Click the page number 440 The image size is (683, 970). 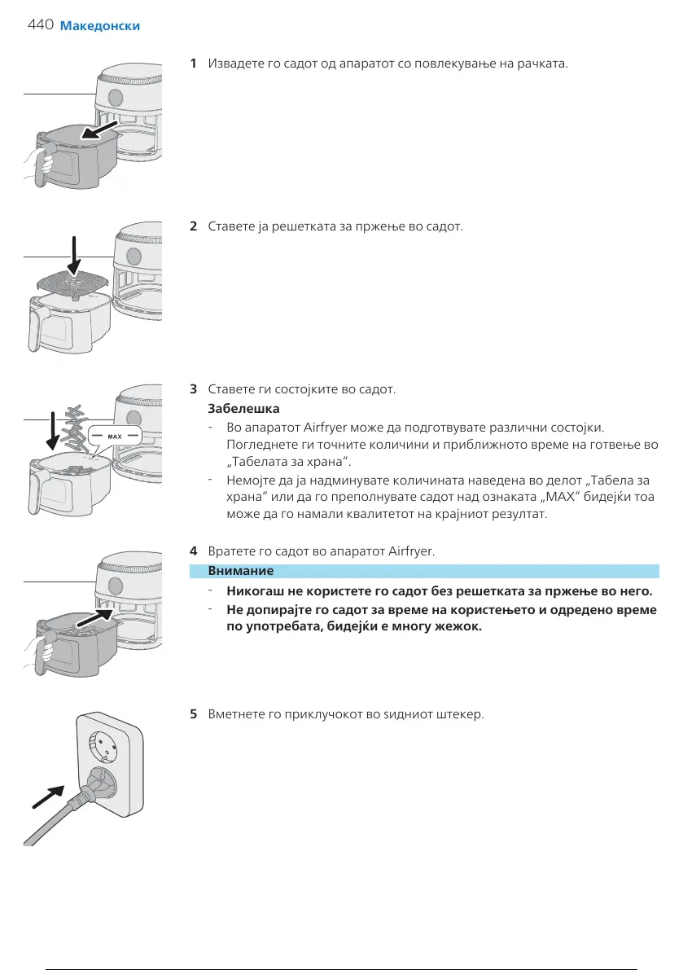click(40, 25)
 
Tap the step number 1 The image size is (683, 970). click(193, 63)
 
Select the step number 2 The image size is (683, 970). click(193, 225)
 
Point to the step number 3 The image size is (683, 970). click(193, 388)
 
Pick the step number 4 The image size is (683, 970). click(193, 551)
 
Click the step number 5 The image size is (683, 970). click(193, 714)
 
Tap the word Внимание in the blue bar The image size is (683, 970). click(241, 571)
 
